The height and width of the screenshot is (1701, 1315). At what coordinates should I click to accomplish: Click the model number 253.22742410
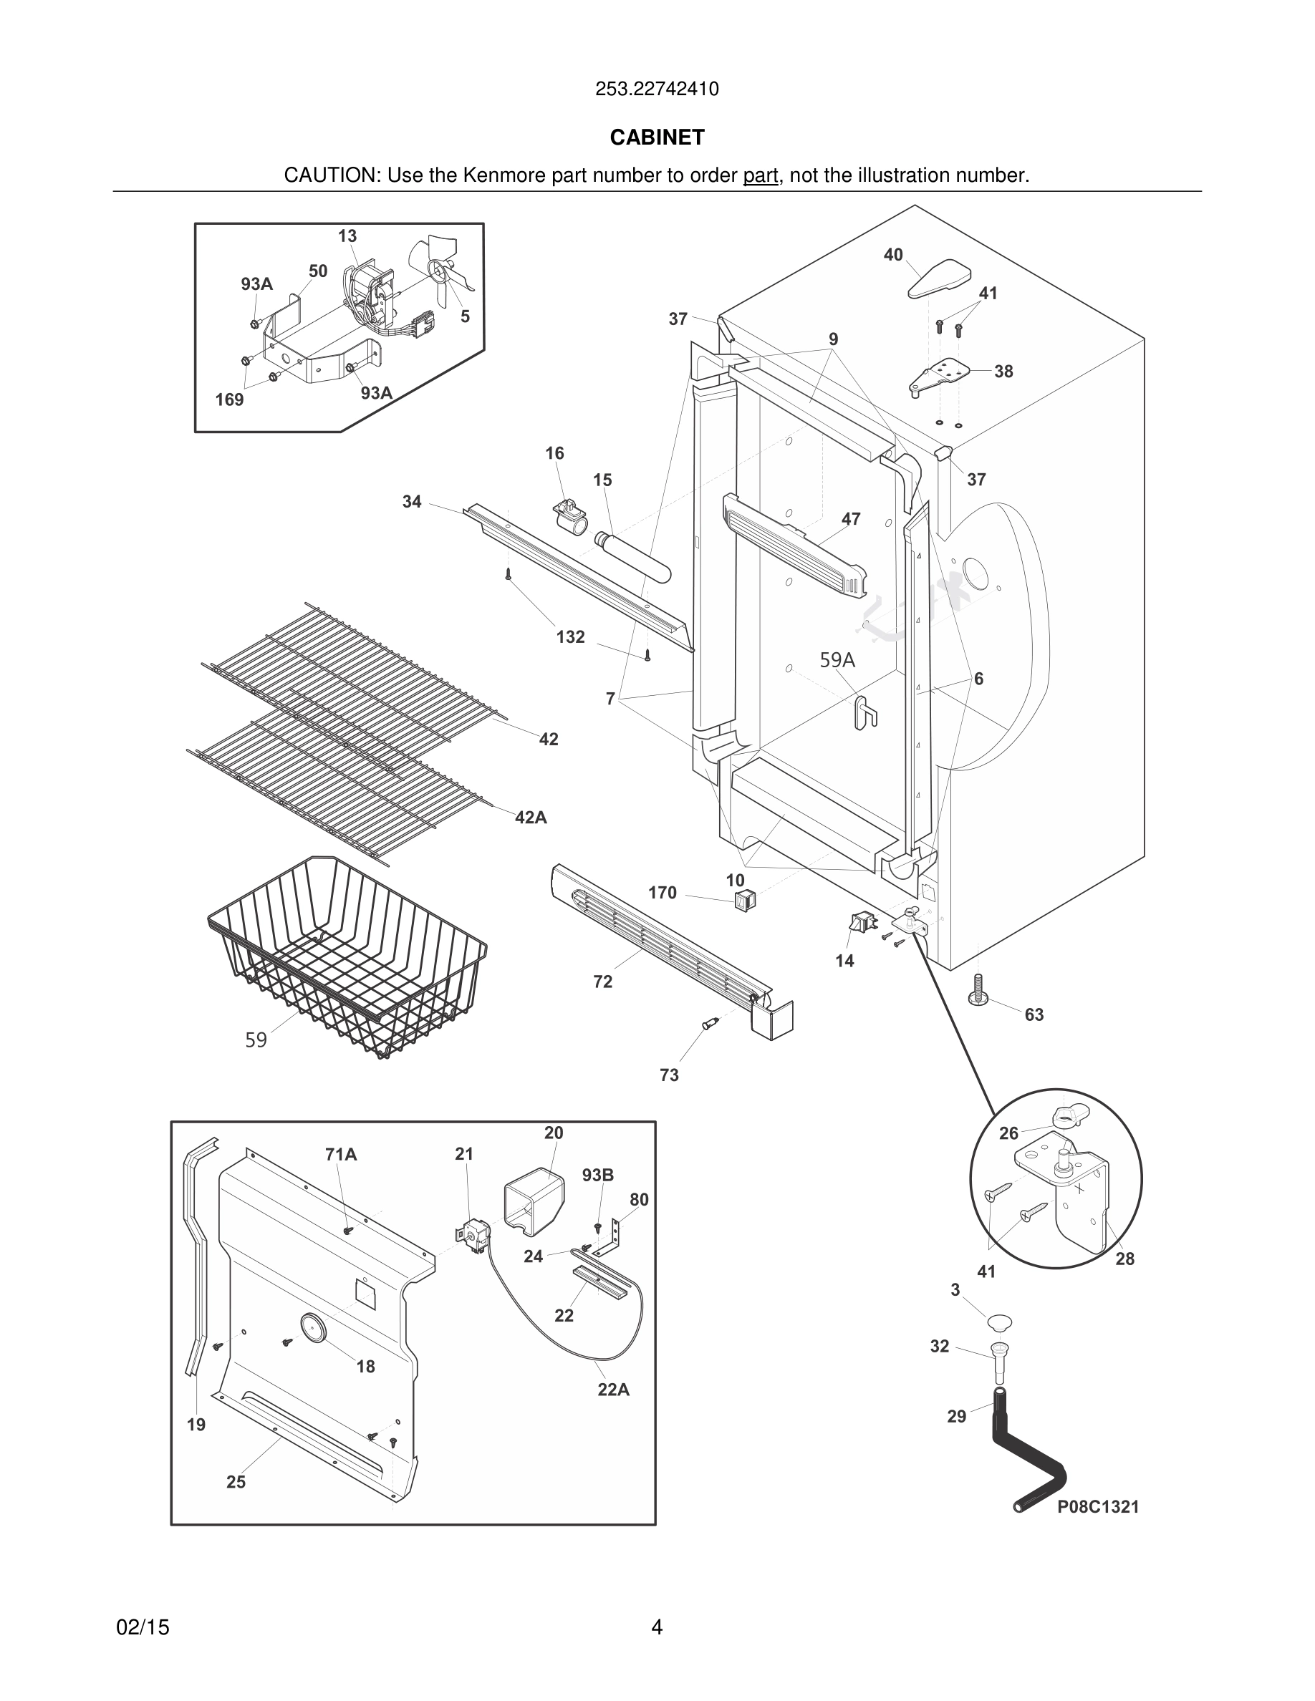click(657, 89)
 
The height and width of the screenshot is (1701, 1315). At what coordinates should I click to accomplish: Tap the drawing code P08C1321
click(1098, 1506)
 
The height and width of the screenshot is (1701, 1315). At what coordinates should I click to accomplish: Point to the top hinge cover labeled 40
click(940, 278)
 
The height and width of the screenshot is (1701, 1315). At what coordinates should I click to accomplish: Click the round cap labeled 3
click(999, 1321)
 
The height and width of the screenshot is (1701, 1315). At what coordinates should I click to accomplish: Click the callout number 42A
click(531, 817)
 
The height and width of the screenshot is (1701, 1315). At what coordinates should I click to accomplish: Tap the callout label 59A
click(837, 659)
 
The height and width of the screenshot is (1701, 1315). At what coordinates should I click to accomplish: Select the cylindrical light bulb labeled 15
click(633, 557)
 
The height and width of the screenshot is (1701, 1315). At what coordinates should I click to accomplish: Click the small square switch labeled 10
click(745, 901)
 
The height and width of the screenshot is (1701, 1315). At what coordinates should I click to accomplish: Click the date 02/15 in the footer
click(143, 1627)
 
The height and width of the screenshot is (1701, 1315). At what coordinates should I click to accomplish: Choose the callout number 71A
click(341, 1154)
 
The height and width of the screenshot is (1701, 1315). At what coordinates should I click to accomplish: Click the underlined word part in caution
click(761, 175)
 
